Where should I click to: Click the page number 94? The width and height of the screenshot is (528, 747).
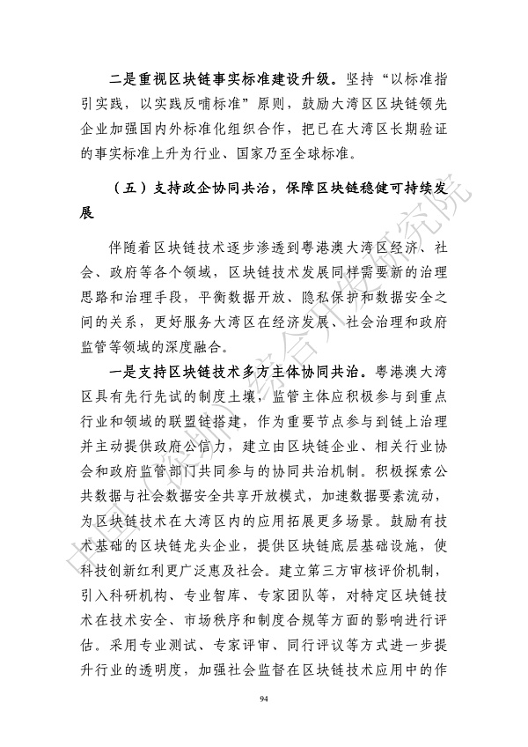[264, 699]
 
